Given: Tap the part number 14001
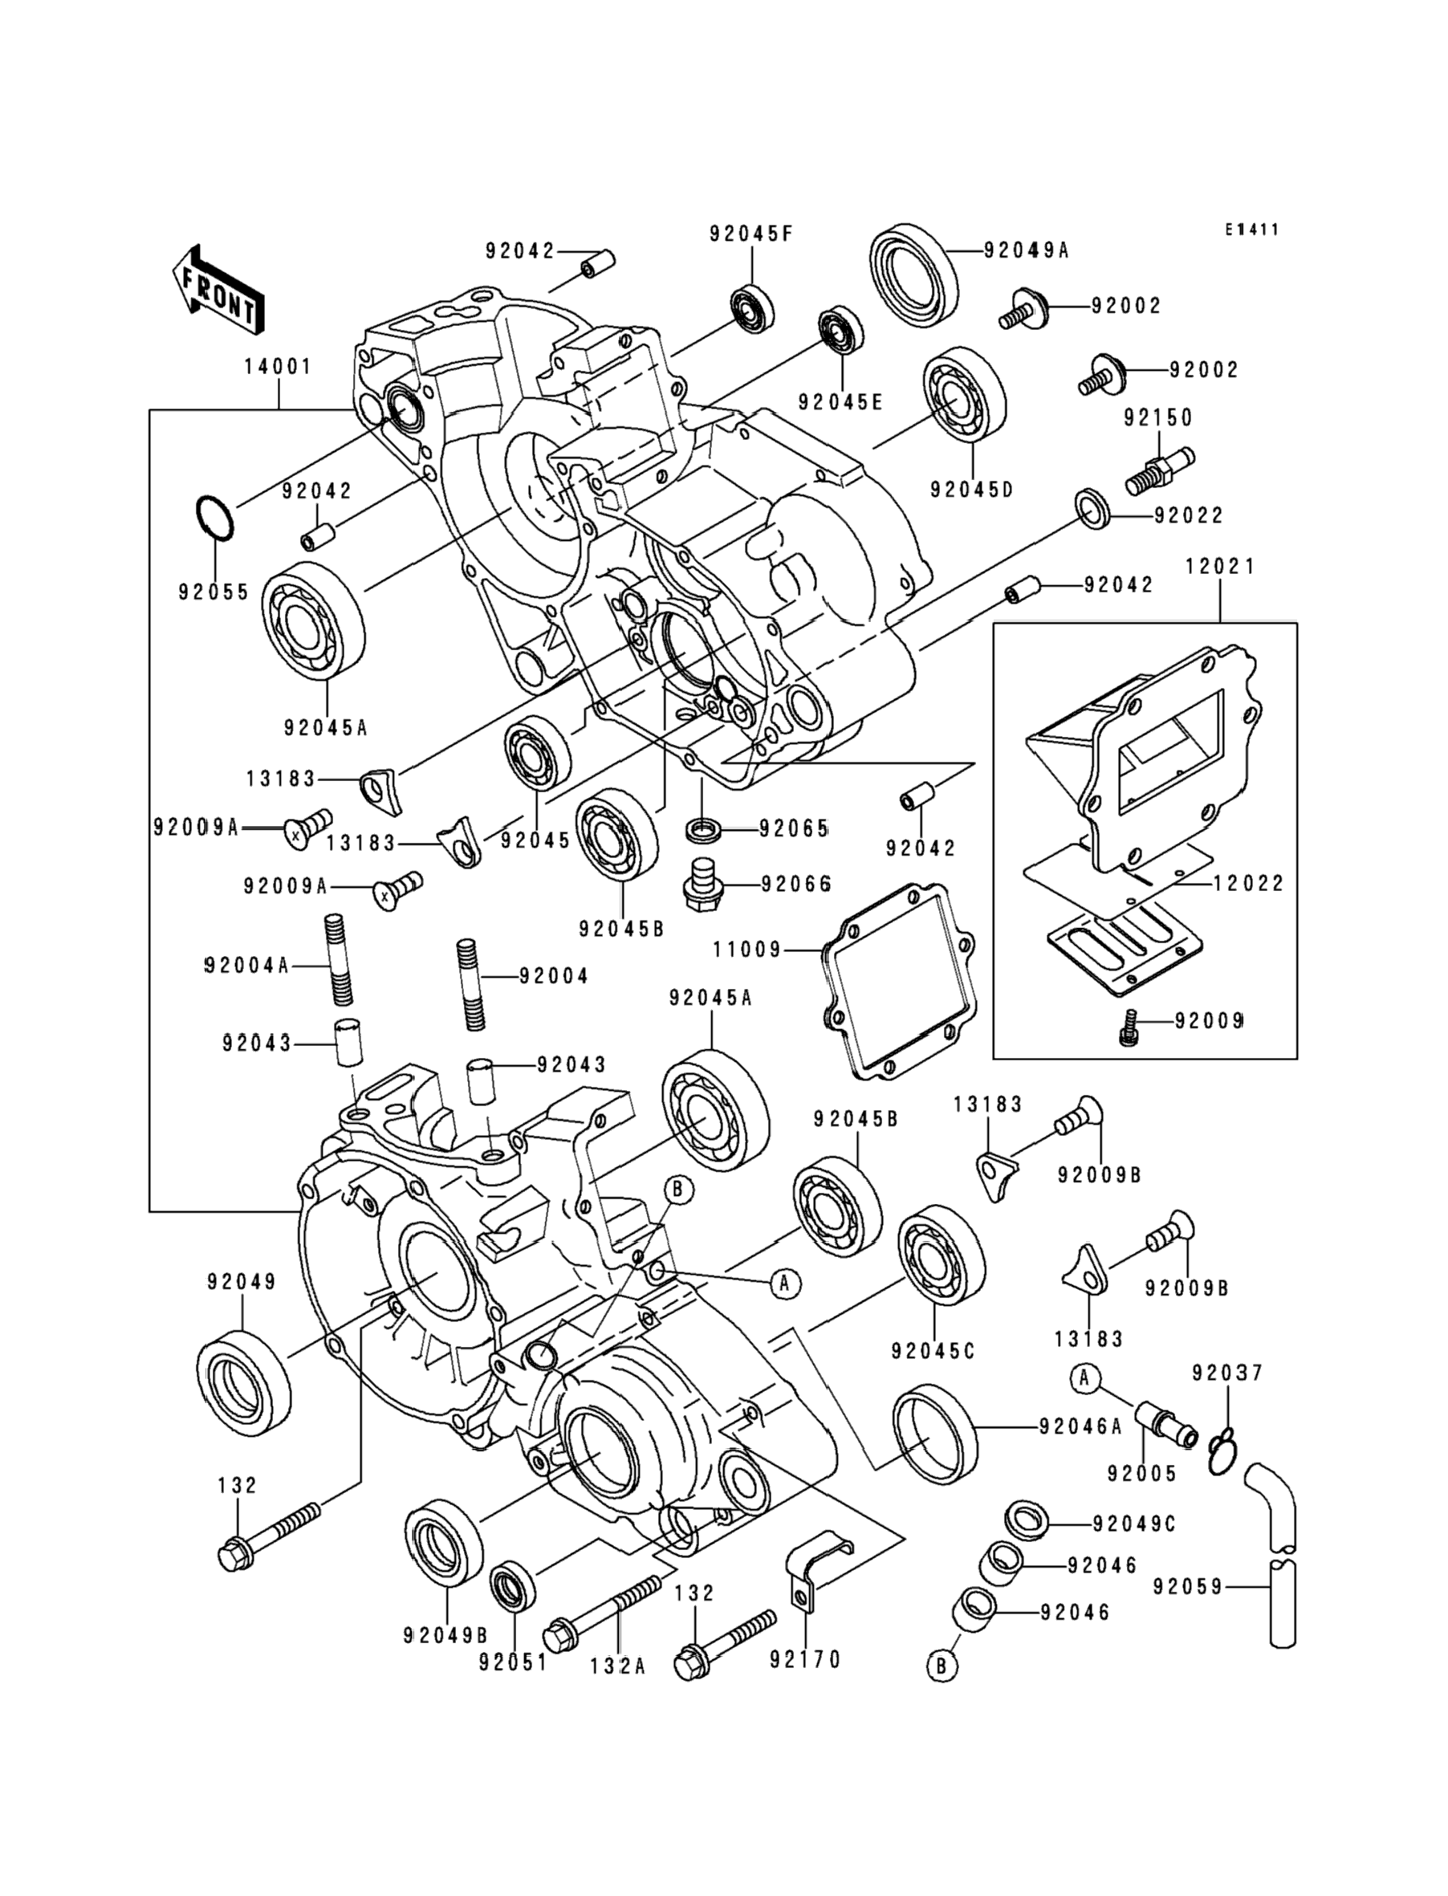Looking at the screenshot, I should point(278,366).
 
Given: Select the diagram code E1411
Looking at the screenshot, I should point(1253,230).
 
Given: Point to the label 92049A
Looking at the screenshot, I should point(1026,250).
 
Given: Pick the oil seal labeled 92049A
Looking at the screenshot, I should point(913,277).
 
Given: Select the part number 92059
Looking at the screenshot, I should point(1188,1585).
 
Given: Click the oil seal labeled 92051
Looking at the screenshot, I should point(513,1584).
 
